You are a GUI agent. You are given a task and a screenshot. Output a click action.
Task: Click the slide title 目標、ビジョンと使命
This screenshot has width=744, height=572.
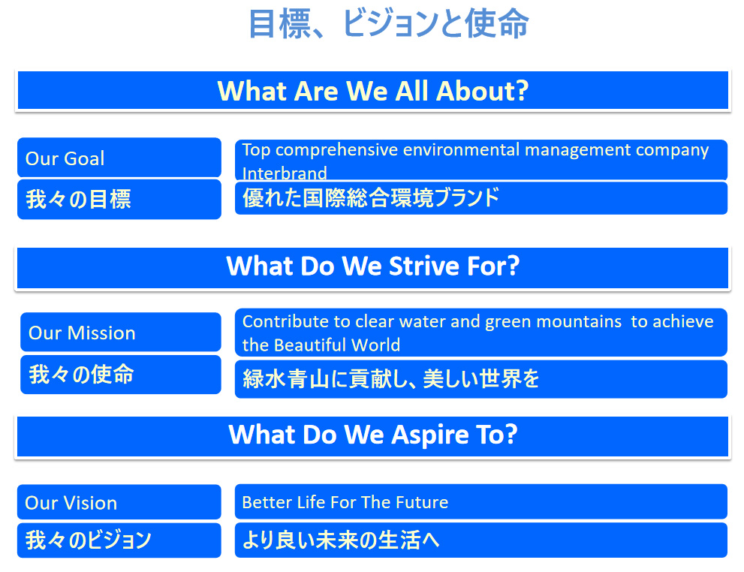[388, 24]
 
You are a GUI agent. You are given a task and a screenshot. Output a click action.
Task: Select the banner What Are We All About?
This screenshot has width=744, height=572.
[373, 91]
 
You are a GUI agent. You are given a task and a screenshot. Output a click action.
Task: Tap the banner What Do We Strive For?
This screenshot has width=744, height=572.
[373, 267]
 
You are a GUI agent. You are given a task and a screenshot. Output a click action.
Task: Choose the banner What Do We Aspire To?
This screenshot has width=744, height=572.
[373, 436]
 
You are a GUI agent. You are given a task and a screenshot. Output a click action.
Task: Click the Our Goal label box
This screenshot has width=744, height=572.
[119, 158]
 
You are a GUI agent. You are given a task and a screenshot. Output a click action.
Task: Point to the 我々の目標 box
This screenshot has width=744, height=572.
[119, 199]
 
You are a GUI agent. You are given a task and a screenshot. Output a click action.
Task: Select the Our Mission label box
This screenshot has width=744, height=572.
[121, 332]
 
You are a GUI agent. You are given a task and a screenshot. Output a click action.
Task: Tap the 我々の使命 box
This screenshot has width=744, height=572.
[121, 375]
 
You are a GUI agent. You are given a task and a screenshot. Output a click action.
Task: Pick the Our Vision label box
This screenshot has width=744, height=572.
[119, 501]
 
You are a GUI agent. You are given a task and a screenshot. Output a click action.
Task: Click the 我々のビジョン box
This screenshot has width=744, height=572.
[119, 540]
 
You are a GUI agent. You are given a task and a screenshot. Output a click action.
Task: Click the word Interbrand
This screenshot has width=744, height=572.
[285, 173]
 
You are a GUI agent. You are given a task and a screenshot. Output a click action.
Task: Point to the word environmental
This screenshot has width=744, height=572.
[461, 150]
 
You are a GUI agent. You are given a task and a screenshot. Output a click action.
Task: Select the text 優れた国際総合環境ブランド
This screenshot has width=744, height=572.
[371, 197]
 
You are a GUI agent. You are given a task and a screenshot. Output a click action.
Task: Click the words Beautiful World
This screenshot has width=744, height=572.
[337, 345]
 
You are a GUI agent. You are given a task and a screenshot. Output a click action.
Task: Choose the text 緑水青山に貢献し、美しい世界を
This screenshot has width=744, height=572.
[390, 379]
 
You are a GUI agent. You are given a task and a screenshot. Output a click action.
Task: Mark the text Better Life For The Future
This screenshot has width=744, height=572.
[345, 502]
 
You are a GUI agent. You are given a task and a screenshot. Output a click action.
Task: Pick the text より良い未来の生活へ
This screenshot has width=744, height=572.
[341, 540]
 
